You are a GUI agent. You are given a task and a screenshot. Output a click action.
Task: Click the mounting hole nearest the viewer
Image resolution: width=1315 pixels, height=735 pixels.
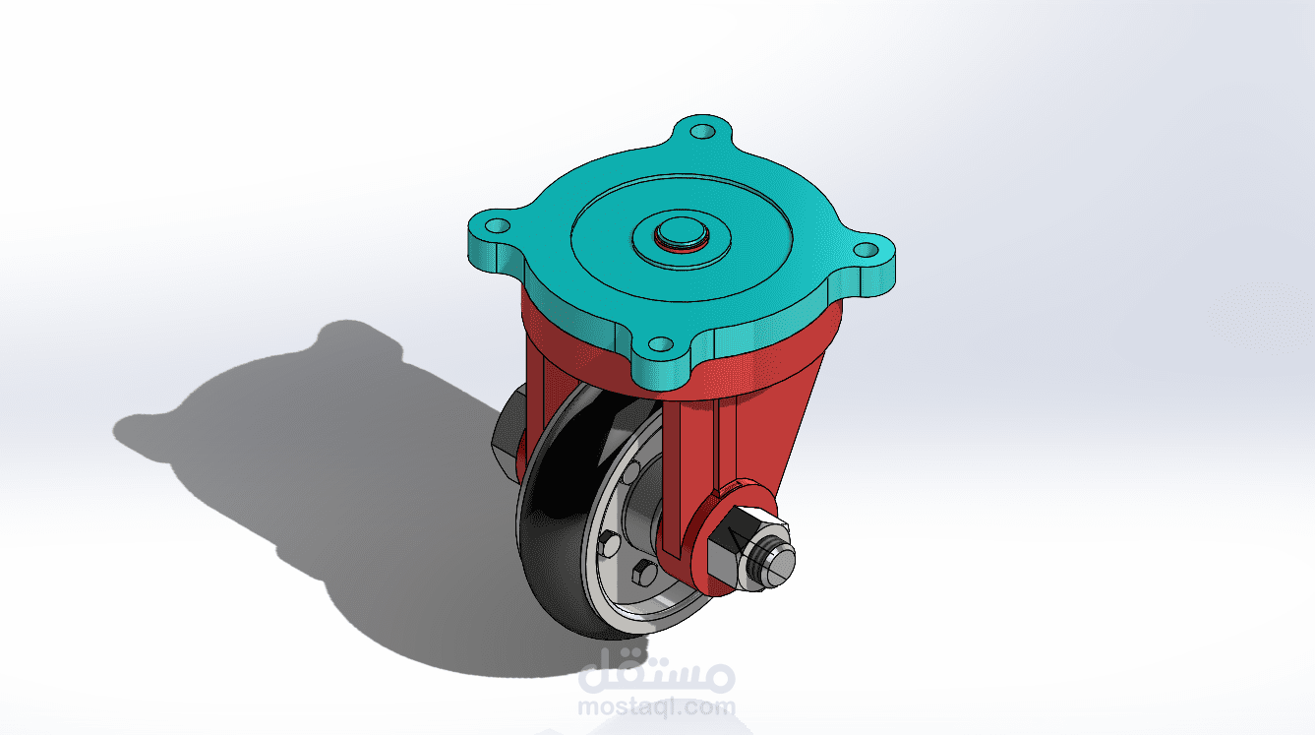(662, 345)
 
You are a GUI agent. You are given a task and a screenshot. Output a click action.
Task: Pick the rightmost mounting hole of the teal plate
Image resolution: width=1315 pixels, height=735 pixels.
(865, 250)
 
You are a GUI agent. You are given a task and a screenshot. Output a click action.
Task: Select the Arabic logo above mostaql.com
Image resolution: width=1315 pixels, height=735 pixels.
(657, 674)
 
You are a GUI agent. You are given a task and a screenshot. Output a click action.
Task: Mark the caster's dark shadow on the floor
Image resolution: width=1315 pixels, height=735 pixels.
(295, 462)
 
